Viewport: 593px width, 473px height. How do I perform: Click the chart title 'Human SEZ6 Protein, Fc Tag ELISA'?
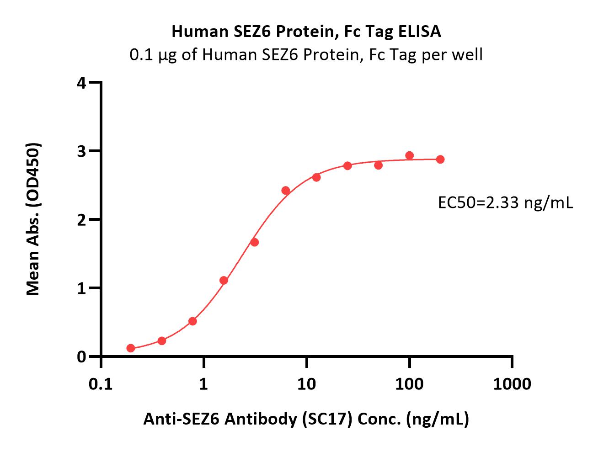(306, 31)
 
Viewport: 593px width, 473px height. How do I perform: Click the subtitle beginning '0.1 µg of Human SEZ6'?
(306, 55)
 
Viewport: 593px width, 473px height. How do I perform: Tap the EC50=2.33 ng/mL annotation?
(505, 202)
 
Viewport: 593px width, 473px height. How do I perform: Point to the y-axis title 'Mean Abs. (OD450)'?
(33, 219)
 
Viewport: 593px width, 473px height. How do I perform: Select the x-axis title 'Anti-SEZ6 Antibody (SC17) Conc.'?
(306, 419)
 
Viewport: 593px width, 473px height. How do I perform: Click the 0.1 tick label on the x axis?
(101, 384)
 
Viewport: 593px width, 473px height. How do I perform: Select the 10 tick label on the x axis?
(306, 384)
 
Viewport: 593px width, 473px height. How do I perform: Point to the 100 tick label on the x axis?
(409, 384)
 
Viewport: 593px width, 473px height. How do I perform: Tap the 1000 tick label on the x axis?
(512, 384)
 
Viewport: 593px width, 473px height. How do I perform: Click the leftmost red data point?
(131, 348)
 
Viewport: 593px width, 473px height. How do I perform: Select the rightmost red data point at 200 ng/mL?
(440, 159)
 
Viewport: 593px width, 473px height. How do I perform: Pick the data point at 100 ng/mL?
(410, 156)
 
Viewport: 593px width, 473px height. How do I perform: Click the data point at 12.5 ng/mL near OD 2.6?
(316, 177)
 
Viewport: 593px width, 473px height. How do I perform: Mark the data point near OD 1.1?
(224, 280)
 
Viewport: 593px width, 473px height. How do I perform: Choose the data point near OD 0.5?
(192, 321)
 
